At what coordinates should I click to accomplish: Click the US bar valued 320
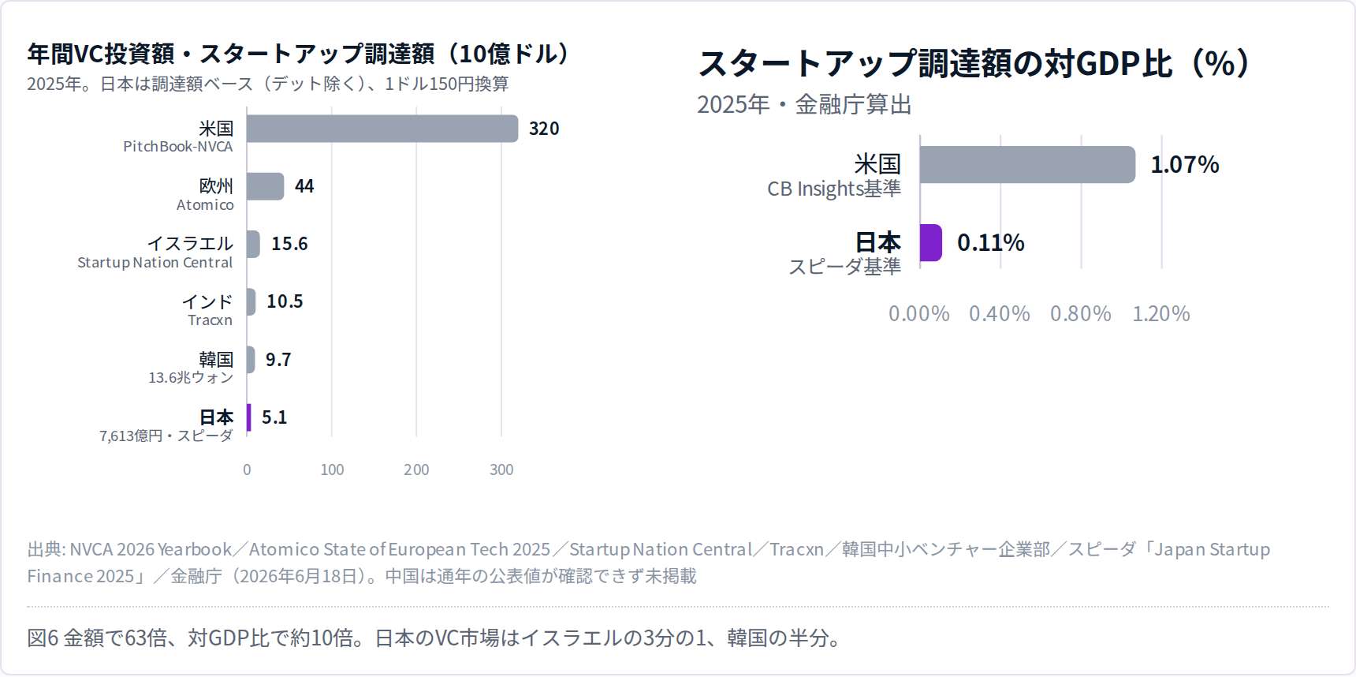(382, 129)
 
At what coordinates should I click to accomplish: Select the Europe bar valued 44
(266, 186)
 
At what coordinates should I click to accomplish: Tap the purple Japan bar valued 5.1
(249, 417)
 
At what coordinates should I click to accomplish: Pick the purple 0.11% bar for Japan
(931, 242)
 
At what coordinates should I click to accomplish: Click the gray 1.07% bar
(1028, 165)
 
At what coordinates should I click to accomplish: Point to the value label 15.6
(289, 244)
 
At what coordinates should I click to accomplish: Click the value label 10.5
(285, 301)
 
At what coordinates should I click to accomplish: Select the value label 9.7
(278, 360)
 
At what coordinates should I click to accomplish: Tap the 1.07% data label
(1185, 165)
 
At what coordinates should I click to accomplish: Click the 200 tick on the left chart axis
(416, 469)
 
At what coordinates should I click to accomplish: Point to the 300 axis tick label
(501, 469)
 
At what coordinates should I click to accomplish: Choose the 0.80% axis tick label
(1081, 314)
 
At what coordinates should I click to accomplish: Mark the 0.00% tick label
(919, 314)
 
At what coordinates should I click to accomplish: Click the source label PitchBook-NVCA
(178, 147)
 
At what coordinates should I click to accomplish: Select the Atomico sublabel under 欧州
(205, 205)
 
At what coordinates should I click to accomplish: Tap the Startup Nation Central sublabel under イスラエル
(155, 263)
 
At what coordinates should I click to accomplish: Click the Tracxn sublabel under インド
(210, 320)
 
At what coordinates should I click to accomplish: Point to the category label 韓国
(216, 360)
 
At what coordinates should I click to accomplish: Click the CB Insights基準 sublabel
(834, 189)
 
